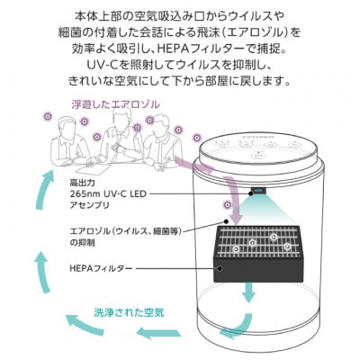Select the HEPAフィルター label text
click(99, 268)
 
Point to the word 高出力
click(83, 182)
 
